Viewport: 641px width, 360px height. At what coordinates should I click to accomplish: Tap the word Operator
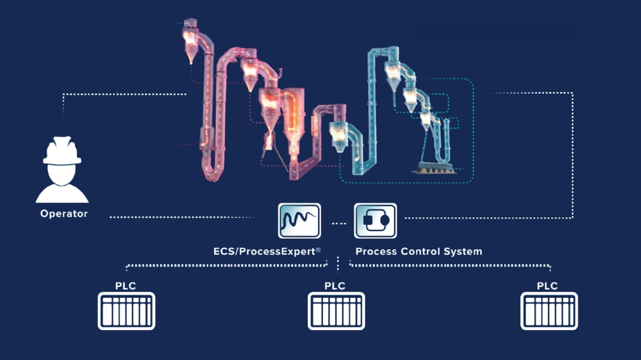pos(63,214)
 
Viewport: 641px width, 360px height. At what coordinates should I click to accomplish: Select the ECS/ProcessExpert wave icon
pos(299,221)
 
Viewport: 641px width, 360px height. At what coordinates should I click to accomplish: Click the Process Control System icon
pos(376,221)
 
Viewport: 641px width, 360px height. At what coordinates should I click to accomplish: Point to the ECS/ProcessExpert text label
pos(267,251)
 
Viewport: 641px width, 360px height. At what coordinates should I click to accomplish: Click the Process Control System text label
pos(419,251)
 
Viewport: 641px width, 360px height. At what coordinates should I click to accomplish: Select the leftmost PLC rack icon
pos(126,311)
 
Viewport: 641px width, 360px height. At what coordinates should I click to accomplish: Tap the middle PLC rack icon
pos(337,311)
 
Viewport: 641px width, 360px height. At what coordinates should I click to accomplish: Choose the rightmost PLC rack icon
pos(549,311)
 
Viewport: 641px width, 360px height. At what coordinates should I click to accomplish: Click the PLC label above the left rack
pos(126,286)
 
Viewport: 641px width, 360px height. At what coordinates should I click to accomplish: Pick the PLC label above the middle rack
pos(335,286)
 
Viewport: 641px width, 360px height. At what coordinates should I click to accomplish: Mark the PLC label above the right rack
pos(547,286)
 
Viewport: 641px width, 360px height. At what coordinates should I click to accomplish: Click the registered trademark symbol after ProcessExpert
pos(318,250)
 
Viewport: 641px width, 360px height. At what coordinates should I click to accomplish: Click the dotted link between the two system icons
pos(338,224)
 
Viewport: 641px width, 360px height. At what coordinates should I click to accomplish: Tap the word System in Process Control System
pos(463,251)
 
